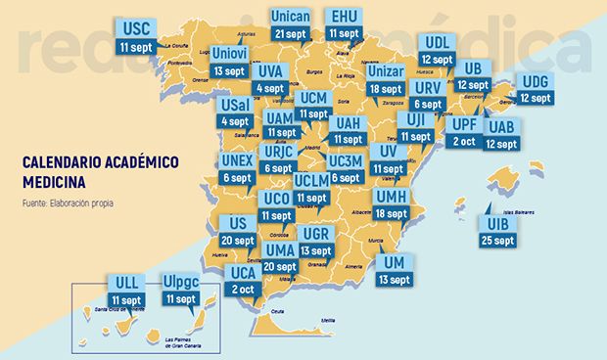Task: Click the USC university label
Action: (133, 27)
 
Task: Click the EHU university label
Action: (344, 17)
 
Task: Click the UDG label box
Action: (536, 81)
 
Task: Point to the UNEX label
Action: (238, 160)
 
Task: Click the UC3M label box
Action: (347, 161)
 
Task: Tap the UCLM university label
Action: (311, 181)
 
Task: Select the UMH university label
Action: (390, 197)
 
